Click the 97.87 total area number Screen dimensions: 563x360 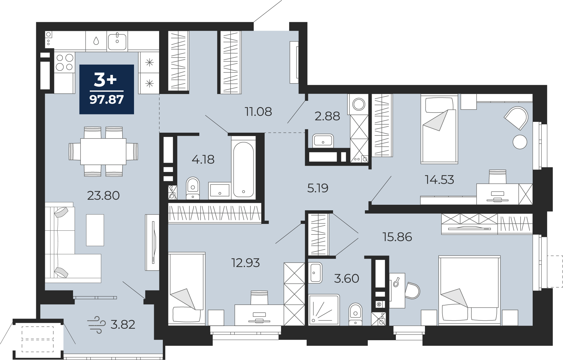coord(106,100)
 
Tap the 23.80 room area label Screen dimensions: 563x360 coord(103,195)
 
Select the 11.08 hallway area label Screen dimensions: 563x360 coord(258,112)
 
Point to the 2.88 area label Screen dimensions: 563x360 coord(327,116)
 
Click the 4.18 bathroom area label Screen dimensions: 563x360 coord(203,160)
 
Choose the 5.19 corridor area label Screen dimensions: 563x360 coord(318,188)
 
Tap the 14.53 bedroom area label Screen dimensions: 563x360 coord(440,180)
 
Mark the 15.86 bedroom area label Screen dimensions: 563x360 coord(397,237)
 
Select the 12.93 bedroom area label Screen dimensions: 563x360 coord(245,263)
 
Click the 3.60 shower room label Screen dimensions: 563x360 coord(347,279)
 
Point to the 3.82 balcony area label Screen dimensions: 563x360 coord(123,325)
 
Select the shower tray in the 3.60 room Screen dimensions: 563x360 coord(324,310)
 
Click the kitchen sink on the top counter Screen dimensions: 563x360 coord(117,41)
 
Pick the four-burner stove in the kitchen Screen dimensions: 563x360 coord(65,62)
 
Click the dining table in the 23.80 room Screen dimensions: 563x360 coord(103,152)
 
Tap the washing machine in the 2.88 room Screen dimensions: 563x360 coord(359,104)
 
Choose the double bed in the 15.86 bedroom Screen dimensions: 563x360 coord(470,290)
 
